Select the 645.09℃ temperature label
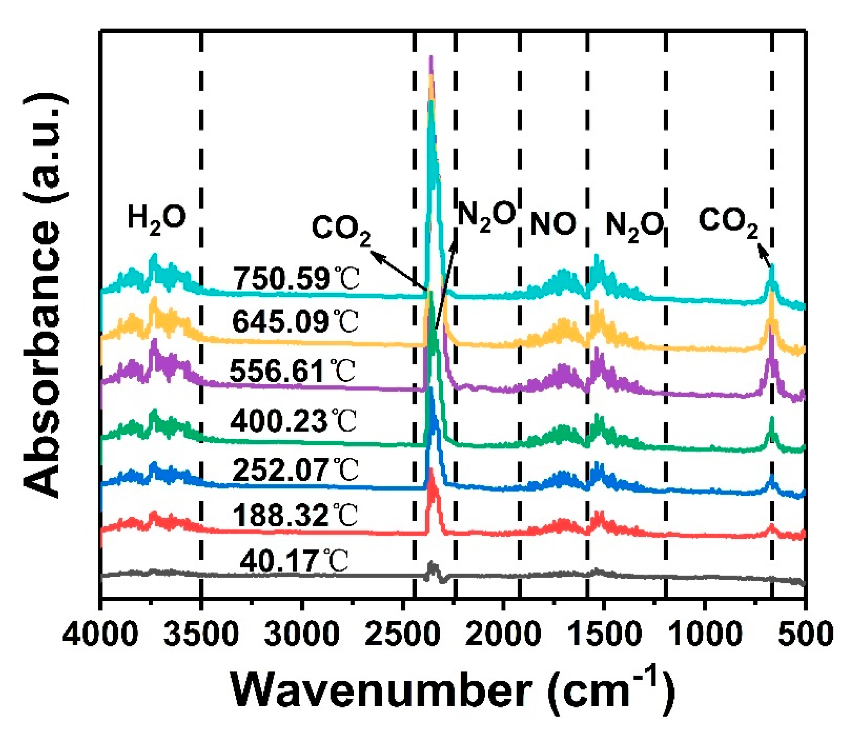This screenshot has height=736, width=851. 295,322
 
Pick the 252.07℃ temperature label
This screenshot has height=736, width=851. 295,470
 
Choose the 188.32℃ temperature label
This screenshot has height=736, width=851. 295,515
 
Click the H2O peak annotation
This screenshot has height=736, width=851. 157,218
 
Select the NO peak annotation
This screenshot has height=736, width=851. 553,224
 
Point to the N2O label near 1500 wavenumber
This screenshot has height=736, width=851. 635,226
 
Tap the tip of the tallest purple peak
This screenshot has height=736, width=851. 431,56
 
